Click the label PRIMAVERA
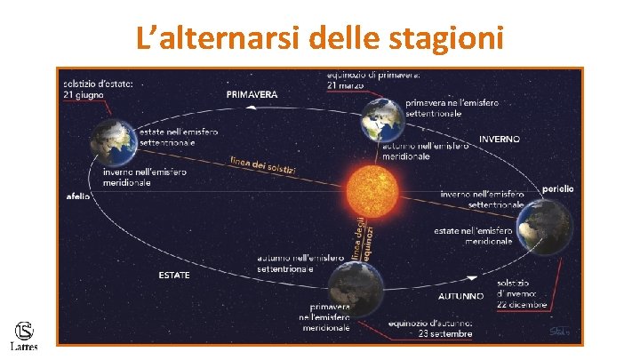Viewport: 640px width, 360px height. tap(252, 94)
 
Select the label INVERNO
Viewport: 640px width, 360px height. tap(500, 140)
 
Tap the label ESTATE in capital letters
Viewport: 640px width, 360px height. tap(174, 276)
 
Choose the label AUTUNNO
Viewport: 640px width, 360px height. tap(461, 295)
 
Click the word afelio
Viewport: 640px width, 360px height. tap(78, 196)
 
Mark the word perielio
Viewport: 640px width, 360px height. tap(559, 188)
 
